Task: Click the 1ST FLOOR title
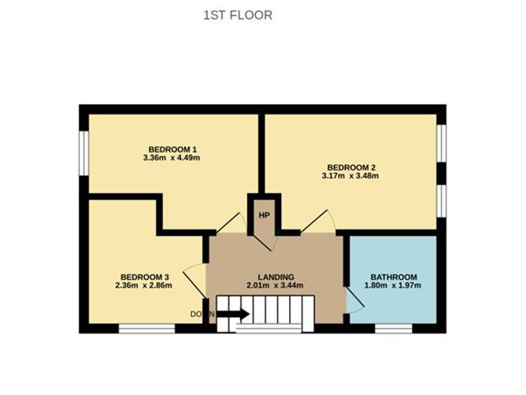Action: click(x=238, y=14)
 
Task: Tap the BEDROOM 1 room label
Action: click(x=172, y=149)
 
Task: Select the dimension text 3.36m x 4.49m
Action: click(x=172, y=158)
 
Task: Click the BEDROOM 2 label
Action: click(x=350, y=167)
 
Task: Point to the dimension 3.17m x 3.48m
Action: click(x=350, y=176)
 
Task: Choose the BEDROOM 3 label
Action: click(x=145, y=277)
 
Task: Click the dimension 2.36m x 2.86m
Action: click(x=145, y=285)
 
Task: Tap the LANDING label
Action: click(x=276, y=277)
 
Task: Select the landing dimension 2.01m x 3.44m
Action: click(x=276, y=285)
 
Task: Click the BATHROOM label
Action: click(x=394, y=277)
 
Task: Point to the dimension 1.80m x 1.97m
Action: click(x=394, y=285)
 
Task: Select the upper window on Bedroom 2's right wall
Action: click(x=443, y=141)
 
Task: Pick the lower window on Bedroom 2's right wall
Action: click(x=443, y=199)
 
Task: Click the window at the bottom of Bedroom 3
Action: click(x=146, y=328)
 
